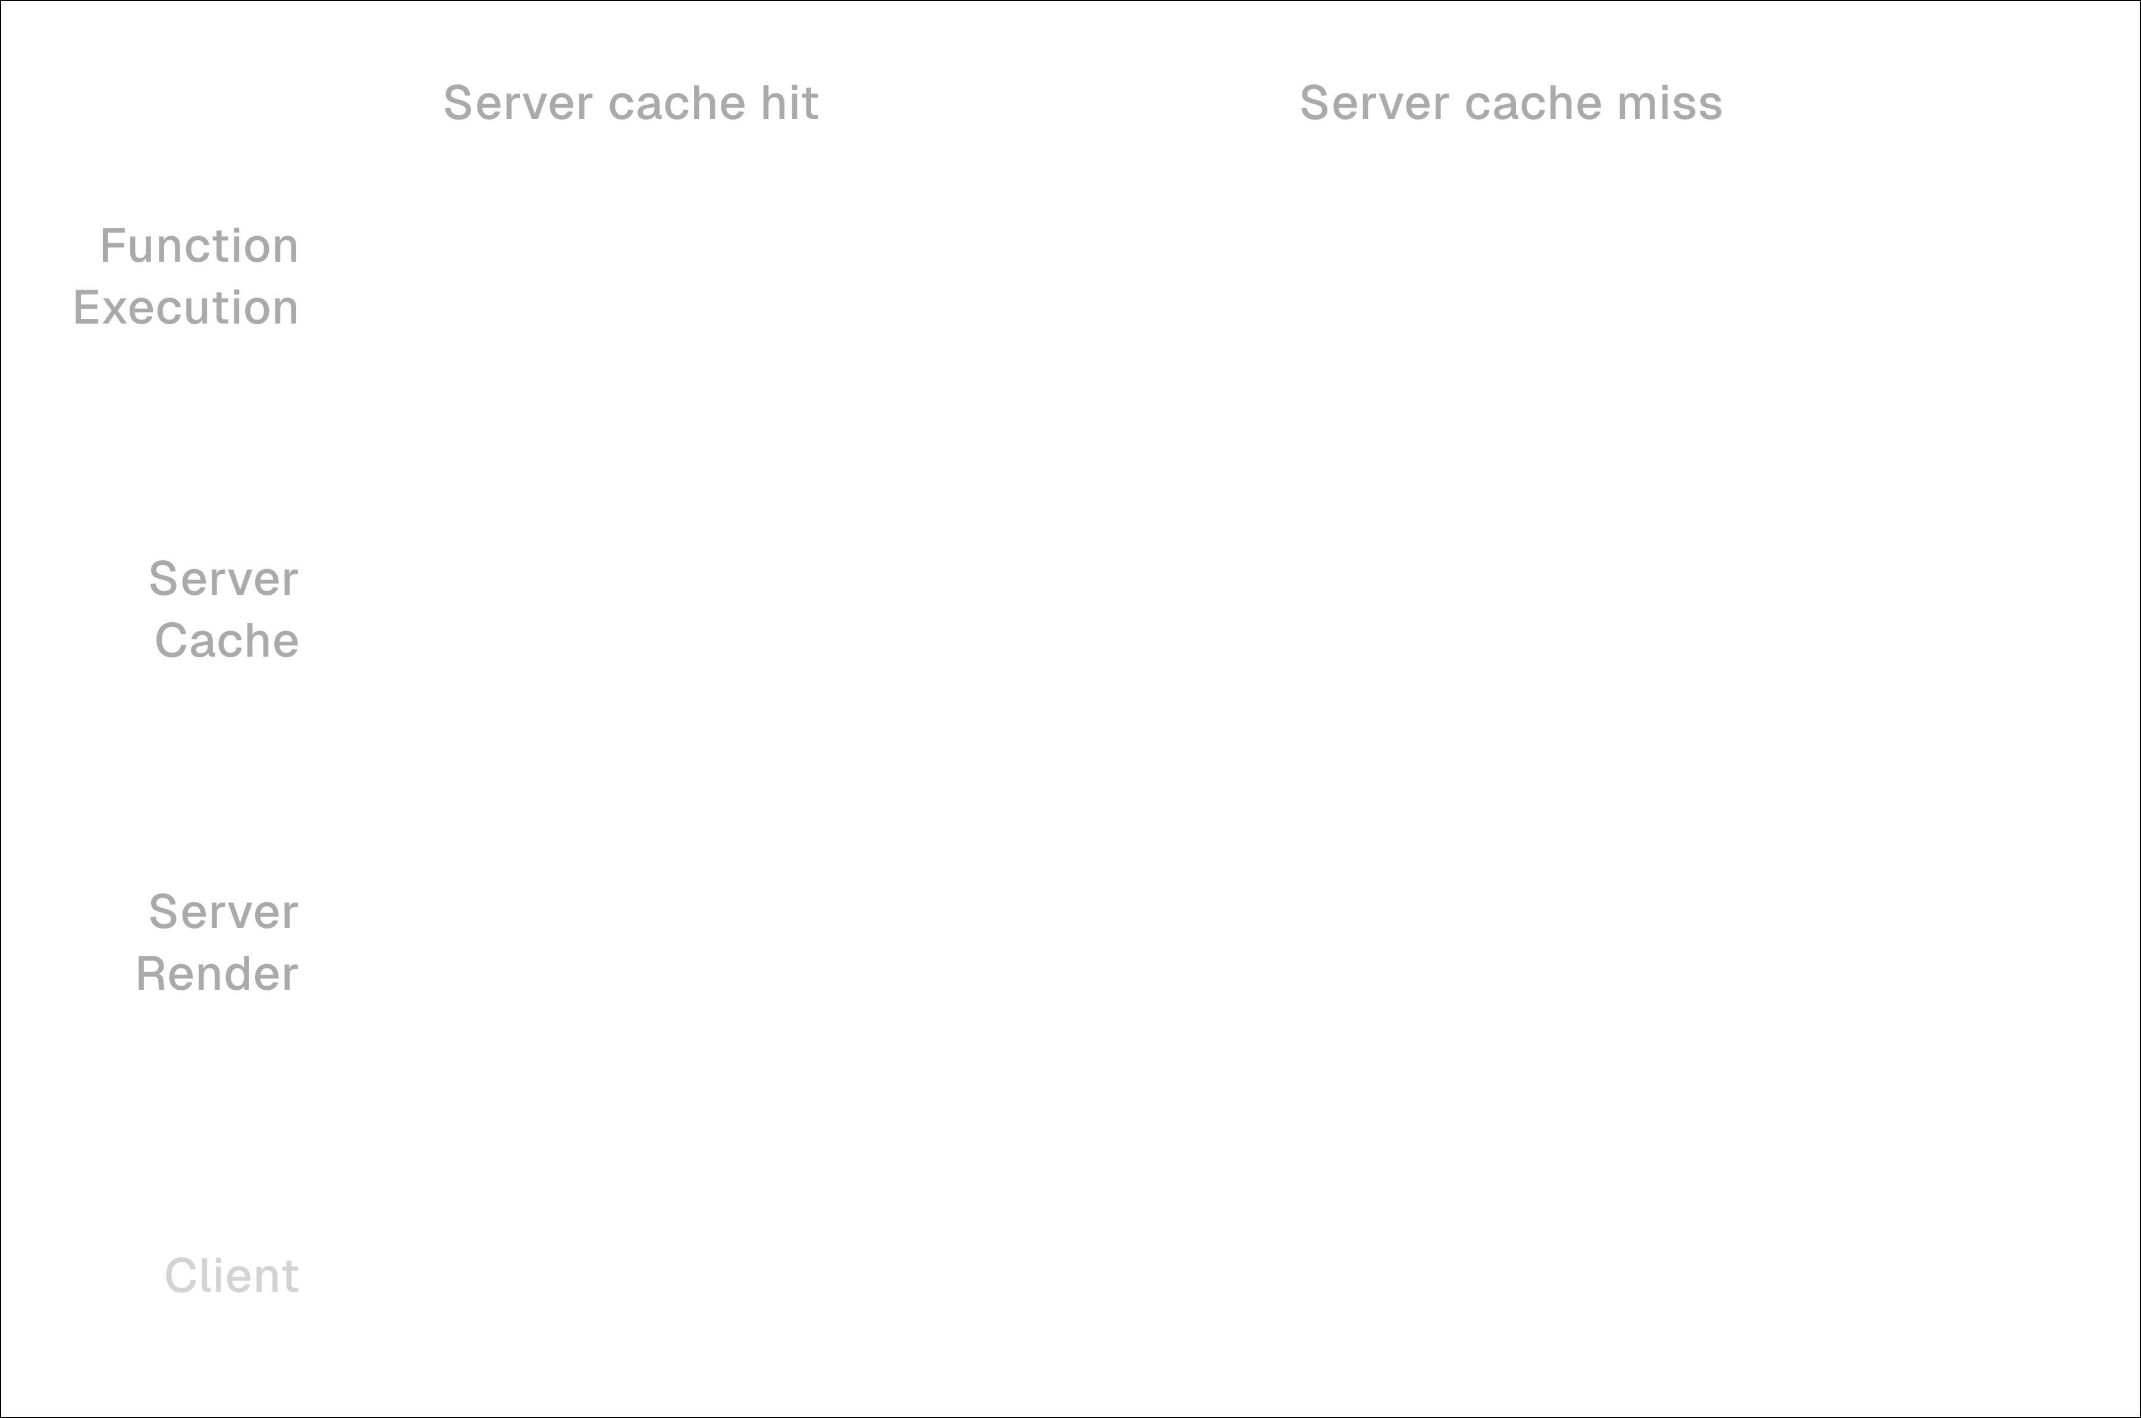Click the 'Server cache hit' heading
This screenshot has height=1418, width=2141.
[630, 103]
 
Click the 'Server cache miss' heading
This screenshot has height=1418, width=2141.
[1510, 103]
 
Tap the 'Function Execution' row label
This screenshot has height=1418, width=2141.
[186, 276]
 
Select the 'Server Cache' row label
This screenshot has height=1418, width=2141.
[224, 608]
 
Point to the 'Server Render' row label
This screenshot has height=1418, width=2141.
[217, 942]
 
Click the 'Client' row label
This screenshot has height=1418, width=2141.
[231, 1275]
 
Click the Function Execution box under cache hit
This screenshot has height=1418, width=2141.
[798, 276]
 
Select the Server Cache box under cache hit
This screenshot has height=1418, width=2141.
[798, 608]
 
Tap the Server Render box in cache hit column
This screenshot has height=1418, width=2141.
[798, 942]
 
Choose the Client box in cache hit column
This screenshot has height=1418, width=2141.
[798, 1275]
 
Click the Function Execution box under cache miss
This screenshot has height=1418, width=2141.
[1655, 276]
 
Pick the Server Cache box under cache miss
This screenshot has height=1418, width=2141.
[1655, 608]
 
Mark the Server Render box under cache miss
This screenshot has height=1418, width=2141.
[1655, 942]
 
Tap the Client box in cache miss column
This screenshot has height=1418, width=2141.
[1655, 1275]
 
